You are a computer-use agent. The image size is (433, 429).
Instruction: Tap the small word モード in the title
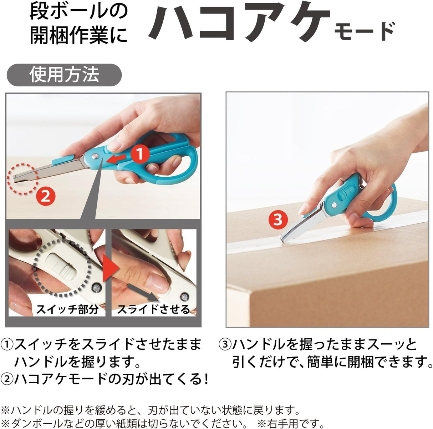click(x=365, y=32)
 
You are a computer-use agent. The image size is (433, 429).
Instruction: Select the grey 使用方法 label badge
click(x=64, y=75)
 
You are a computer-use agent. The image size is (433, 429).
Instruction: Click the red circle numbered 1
click(x=140, y=154)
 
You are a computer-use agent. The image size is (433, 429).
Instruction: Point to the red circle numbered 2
click(x=46, y=196)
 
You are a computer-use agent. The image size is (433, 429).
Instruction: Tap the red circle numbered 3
click(x=278, y=219)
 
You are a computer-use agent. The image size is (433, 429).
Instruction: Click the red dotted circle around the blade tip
click(x=23, y=178)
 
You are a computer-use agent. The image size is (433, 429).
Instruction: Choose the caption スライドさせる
click(x=154, y=309)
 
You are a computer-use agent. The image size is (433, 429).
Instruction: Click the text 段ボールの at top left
click(x=78, y=12)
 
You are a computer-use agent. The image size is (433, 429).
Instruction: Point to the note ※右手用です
click(x=291, y=423)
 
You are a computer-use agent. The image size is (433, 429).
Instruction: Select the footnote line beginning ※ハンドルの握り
click(x=150, y=409)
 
